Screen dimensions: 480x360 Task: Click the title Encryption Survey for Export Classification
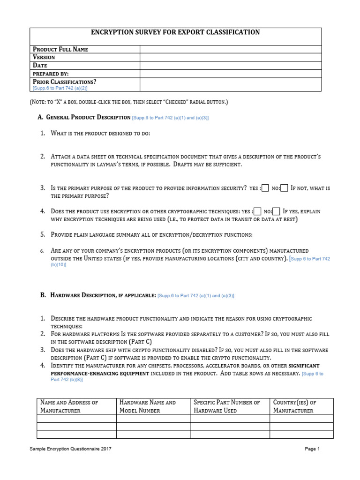click(x=175, y=32)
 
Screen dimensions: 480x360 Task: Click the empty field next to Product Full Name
click(x=230, y=49)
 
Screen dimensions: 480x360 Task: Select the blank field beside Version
click(x=230, y=57)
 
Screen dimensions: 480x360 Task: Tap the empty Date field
click(x=230, y=66)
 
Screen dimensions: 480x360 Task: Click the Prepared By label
click(x=51, y=74)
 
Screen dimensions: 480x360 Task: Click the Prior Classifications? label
click(x=64, y=82)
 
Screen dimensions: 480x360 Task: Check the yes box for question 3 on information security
click(x=265, y=188)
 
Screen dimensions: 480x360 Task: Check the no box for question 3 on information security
click(x=285, y=188)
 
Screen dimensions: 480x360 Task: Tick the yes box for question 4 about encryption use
click(x=257, y=211)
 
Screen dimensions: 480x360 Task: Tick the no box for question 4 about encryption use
click(x=277, y=211)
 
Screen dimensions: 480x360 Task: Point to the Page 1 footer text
click(x=312, y=449)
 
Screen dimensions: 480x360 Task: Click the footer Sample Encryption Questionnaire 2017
click(x=70, y=449)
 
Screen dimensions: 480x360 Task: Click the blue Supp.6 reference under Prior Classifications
click(x=60, y=88)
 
